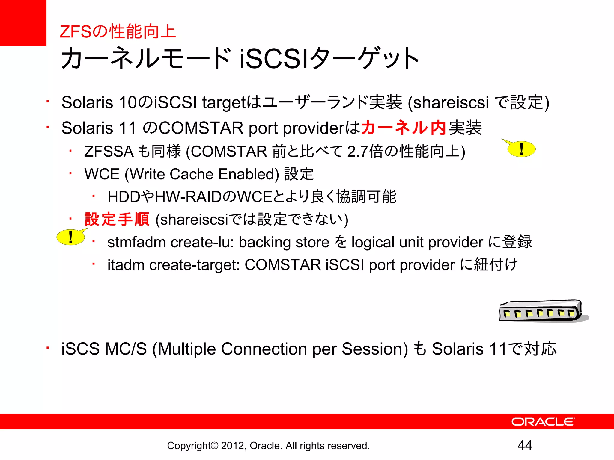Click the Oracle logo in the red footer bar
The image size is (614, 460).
[543, 422]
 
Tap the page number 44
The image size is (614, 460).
[525, 445]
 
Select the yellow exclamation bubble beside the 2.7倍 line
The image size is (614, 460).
[521, 149]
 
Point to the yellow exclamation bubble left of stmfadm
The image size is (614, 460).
[71, 237]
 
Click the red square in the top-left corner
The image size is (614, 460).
[23, 23]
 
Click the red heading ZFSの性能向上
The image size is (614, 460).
[118, 31]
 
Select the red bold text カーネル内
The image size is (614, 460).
[404, 128]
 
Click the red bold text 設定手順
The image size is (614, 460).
[117, 219]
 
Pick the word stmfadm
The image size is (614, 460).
[136, 242]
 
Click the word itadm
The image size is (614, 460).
[126, 265]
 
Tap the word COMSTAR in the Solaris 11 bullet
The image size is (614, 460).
[201, 128]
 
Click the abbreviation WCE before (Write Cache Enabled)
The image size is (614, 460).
[102, 174]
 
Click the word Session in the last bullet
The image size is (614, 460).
[375, 349]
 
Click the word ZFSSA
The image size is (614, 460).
[109, 151]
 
